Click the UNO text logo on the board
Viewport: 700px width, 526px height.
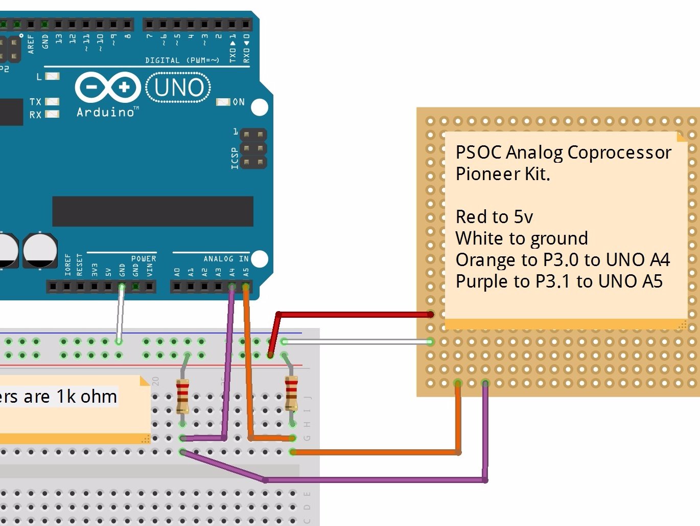179,88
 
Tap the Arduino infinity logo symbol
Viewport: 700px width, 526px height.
108,87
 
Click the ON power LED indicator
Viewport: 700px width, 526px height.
223,102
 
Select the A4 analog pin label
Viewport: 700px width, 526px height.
232,272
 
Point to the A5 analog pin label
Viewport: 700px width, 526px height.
246,272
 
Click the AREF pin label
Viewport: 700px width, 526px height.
31,44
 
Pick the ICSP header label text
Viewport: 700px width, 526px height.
235,158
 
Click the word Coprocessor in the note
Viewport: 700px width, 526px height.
619,152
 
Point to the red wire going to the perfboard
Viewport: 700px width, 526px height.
358,314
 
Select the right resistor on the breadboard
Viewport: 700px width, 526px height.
291,392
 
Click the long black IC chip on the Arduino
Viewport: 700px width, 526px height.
153,211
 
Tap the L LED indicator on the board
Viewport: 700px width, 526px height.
52,76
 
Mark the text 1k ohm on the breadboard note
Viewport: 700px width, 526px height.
87,397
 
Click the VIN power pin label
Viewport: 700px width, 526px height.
150,269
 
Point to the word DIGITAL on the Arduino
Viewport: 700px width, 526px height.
162,60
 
